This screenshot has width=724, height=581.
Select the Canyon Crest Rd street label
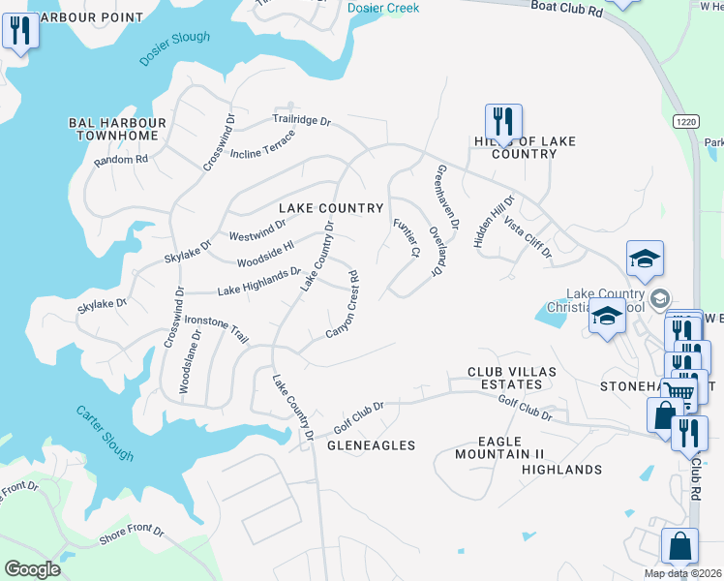click(x=342, y=304)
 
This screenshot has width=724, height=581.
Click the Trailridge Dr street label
click(x=301, y=122)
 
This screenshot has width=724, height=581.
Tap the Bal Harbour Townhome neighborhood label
click(x=117, y=130)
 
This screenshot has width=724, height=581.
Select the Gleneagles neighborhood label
click(x=371, y=445)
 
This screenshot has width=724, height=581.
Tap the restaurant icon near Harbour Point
click(x=18, y=31)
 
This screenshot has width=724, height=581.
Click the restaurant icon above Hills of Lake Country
click(x=503, y=121)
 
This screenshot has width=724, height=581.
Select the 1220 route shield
click(x=684, y=121)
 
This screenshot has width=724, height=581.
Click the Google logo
click(x=32, y=568)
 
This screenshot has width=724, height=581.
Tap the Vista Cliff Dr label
click(x=528, y=238)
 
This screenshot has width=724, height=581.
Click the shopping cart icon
click(x=680, y=392)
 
